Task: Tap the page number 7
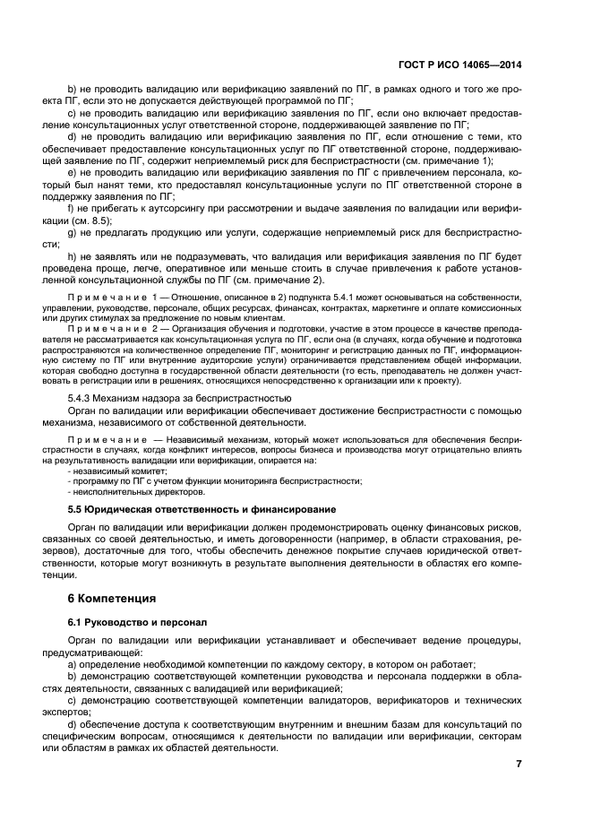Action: [x=518, y=764]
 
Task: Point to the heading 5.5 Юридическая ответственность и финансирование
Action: [x=186, y=508]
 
